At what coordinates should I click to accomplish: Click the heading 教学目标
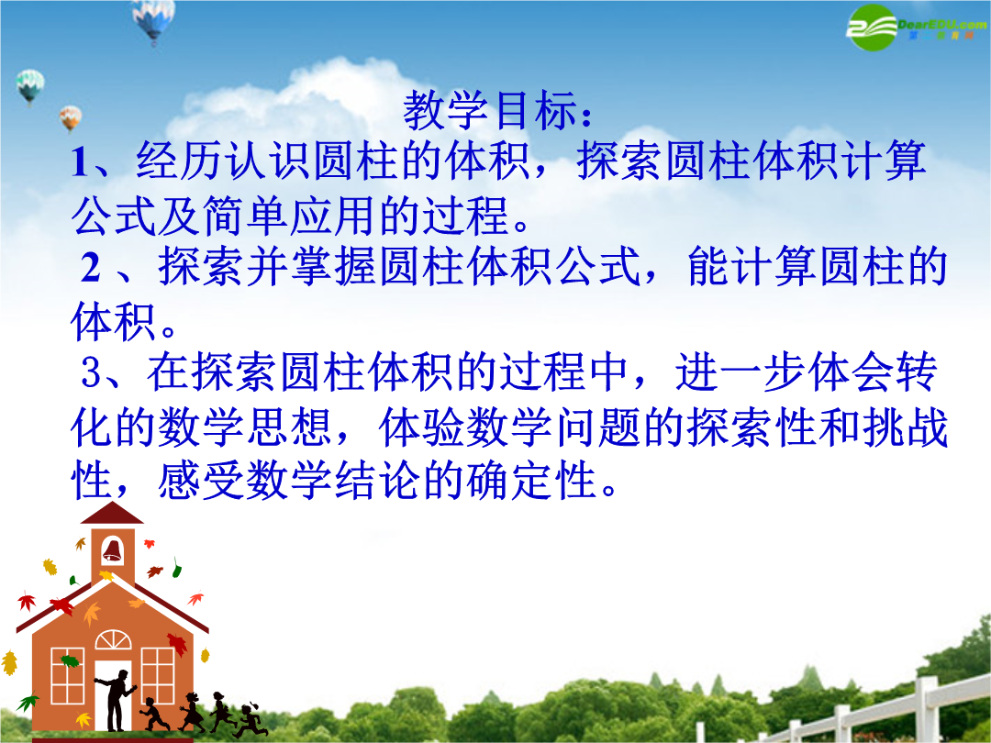click(490, 110)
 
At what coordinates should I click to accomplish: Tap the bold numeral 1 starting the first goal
click(80, 161)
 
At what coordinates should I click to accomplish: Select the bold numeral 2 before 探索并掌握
click(91, 267)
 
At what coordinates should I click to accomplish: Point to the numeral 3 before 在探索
click(91, 372)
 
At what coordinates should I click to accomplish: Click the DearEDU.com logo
click(916, 27)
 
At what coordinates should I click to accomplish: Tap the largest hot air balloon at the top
click(153, 19)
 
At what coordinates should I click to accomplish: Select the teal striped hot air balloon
click(30, 86)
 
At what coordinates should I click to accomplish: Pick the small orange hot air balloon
click(70, 118)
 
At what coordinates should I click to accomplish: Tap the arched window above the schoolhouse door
click(113, 640)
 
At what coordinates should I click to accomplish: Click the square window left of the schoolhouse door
click(67, 675)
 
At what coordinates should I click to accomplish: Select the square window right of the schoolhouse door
click(158, 675)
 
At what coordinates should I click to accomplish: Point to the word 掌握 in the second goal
click(334, 267)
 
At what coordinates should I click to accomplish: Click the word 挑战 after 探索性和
click(905, 427)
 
